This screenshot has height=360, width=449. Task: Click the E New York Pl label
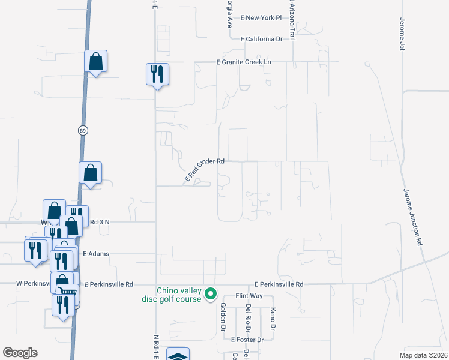point(261,18)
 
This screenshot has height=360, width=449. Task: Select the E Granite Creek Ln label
point(244,62)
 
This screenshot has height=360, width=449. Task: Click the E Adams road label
point(96,254)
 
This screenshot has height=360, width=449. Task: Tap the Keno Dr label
point(273,319)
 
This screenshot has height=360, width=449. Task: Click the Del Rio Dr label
point(248,318)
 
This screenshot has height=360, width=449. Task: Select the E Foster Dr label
point(247,340)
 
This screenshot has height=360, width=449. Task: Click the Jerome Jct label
point(402,34)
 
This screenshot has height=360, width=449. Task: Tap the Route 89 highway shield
point(81,130)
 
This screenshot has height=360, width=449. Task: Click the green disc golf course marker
point(210,295)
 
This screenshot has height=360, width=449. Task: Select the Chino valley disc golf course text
point(179,295)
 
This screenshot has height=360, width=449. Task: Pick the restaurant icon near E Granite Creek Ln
point(157,74)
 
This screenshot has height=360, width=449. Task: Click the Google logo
point(20,353)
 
